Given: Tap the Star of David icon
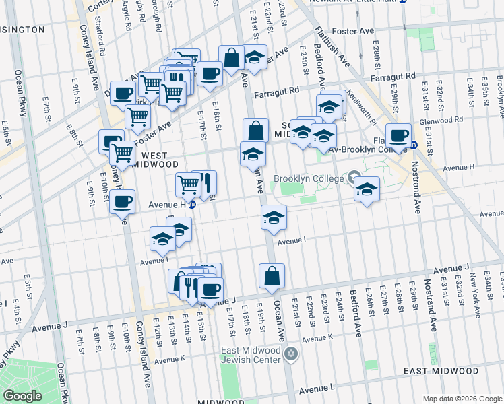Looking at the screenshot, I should [291, 354].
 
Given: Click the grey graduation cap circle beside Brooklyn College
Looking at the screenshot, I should [354, 178].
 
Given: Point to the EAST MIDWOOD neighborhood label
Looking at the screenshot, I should [451, 371].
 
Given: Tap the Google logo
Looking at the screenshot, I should [22, 396].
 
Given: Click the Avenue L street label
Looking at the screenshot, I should [317, 389].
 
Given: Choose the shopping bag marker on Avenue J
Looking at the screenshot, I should [272, 276].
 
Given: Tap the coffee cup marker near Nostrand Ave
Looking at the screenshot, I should [398, 135].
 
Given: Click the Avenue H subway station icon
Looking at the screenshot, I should [192, 205].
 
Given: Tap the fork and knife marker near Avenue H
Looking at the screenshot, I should [207, 183].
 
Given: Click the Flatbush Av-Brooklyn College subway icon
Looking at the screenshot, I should [414, 145].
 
